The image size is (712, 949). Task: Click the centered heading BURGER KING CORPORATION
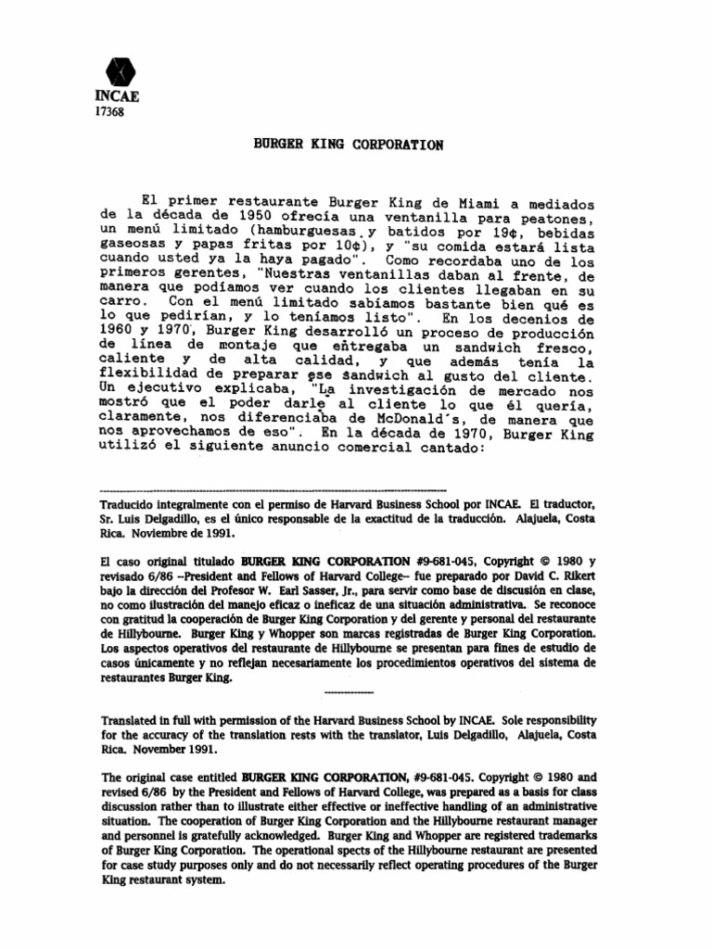pos(347,145)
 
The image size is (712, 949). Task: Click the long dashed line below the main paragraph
pos(273,488)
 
